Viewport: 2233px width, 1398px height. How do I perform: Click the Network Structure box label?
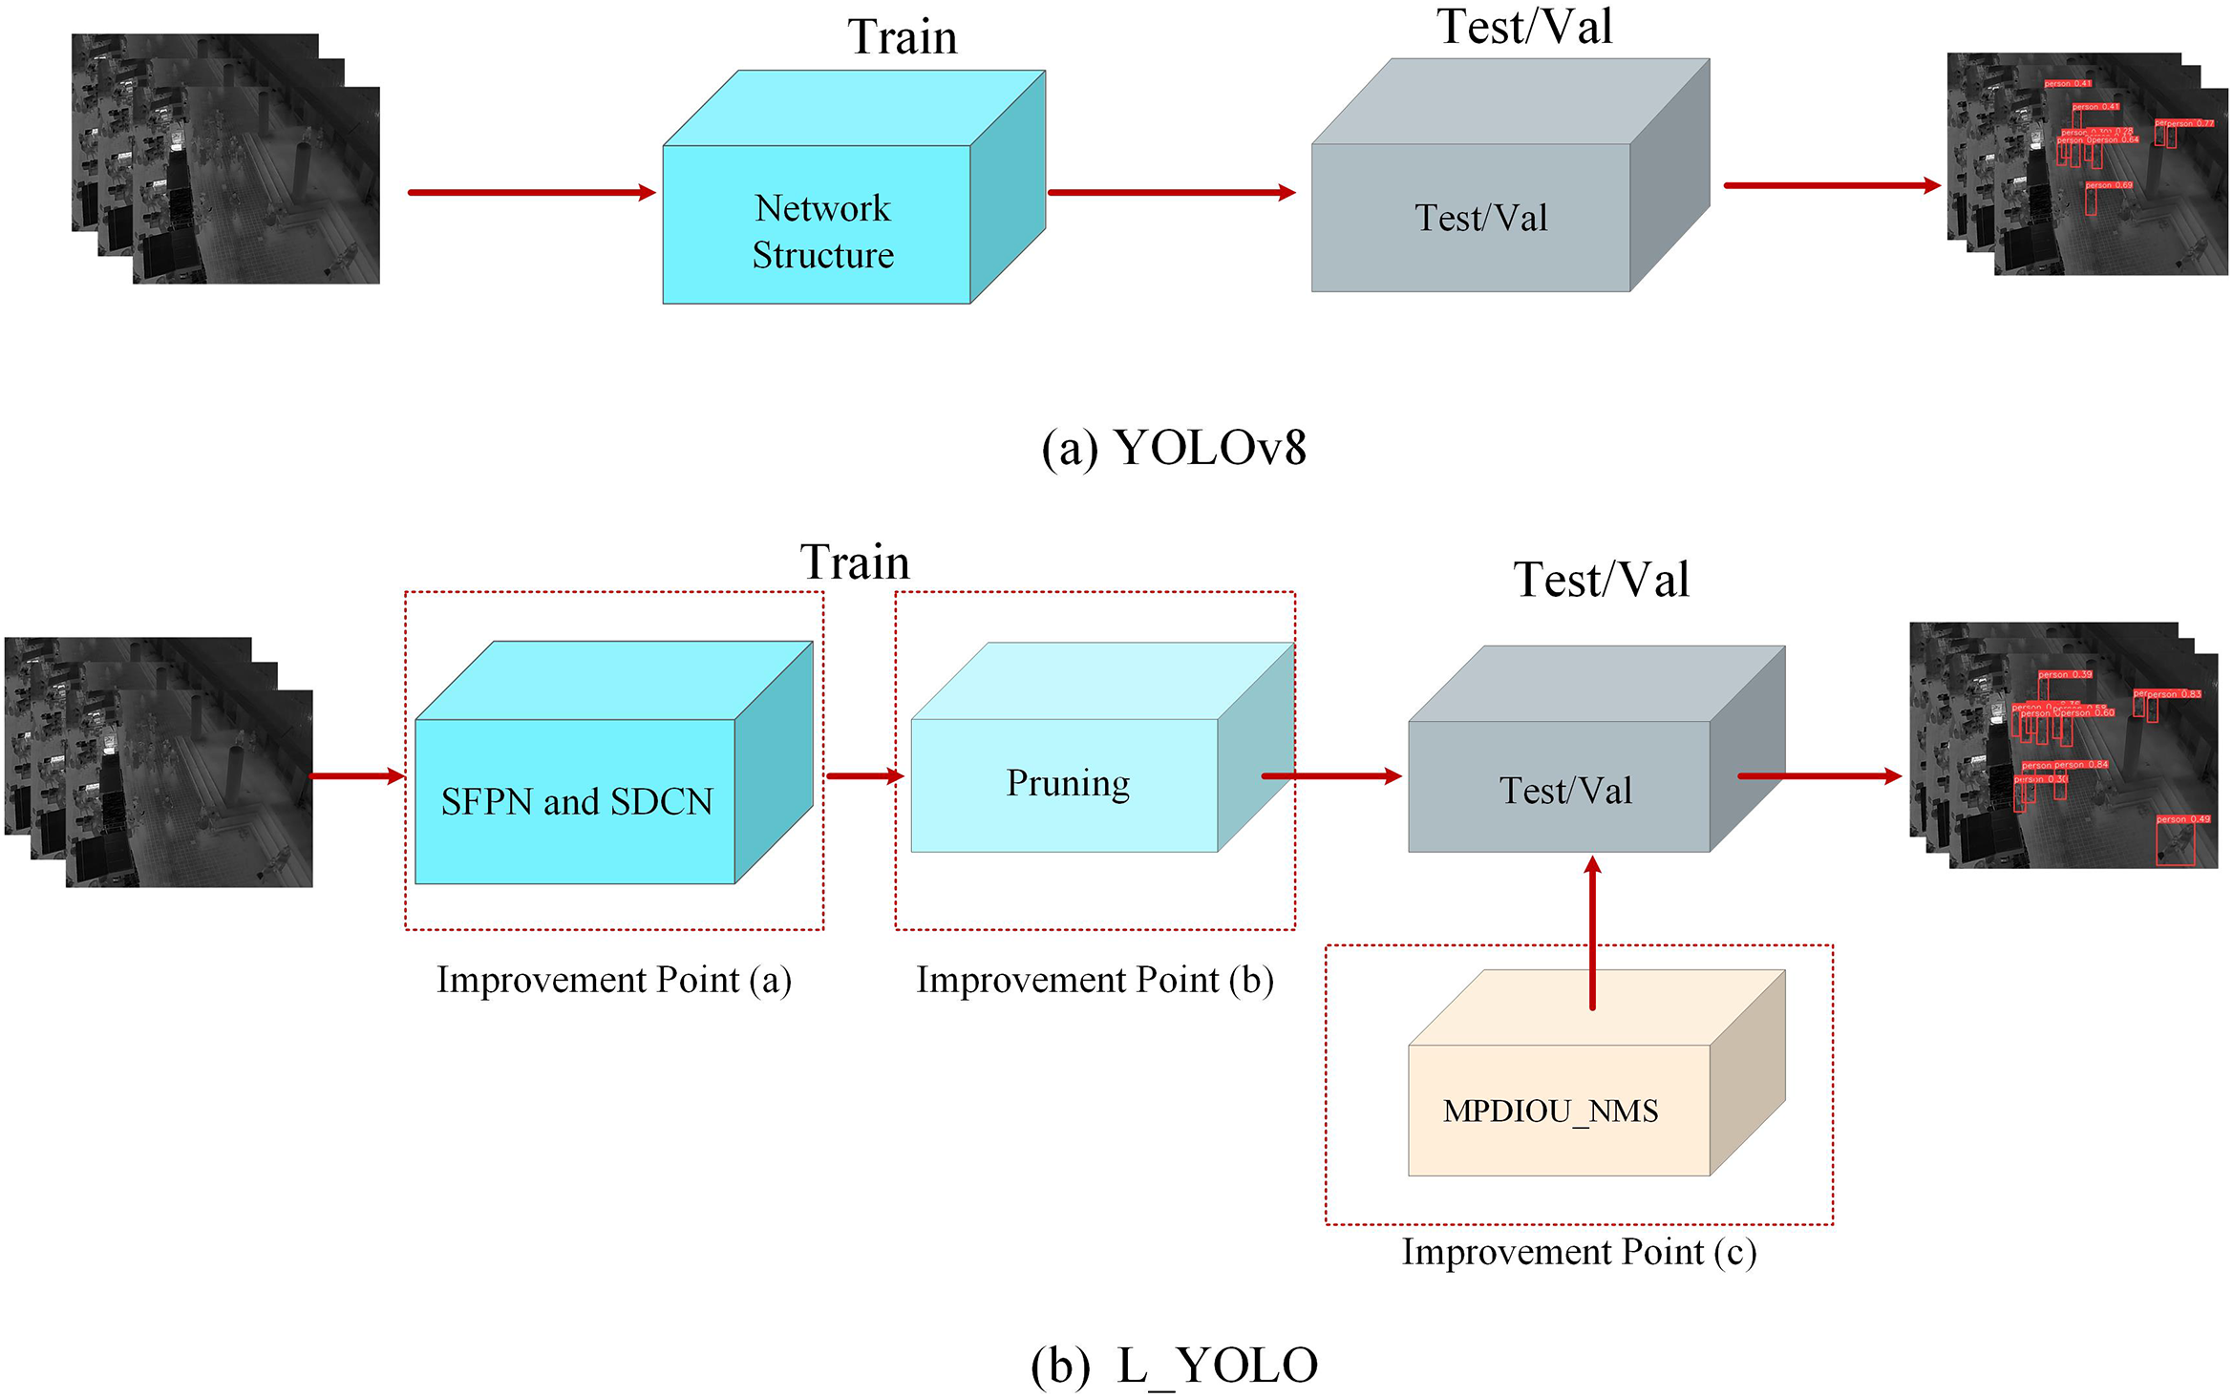tap(822, 231)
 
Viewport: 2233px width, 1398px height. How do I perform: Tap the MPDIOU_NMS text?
tap(1549, 1111)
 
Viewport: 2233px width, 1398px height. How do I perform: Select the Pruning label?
tap(1067, 783)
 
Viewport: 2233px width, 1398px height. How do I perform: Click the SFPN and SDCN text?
tap(576, 801)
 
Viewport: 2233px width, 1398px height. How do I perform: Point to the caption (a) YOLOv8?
tap(1173, 447)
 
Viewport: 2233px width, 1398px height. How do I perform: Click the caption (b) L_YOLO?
tap(1173, 1365)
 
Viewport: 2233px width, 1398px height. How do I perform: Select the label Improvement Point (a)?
tap(613, 980)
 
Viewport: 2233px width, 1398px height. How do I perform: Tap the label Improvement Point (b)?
tap(1095, 980)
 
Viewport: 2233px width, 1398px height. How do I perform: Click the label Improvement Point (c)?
tap(1578, 1252)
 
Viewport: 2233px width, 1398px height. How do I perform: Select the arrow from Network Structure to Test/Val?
tap(1171, 192)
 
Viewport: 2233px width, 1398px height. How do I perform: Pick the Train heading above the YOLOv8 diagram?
tap(902, 37)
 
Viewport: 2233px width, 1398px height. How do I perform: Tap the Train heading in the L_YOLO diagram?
tap(854, 561)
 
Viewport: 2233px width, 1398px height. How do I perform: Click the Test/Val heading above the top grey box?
tap(1524, 27)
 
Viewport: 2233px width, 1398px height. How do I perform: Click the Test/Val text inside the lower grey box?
tap(1564, 791)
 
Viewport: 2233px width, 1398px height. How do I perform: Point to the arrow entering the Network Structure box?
tap(531, 192)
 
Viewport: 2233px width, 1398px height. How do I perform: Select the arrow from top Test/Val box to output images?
tap(1831, 185)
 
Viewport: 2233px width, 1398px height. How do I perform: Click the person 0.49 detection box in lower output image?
tap(2175, 844)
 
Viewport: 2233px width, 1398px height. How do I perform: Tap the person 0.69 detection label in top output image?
tap(2108, 185)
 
